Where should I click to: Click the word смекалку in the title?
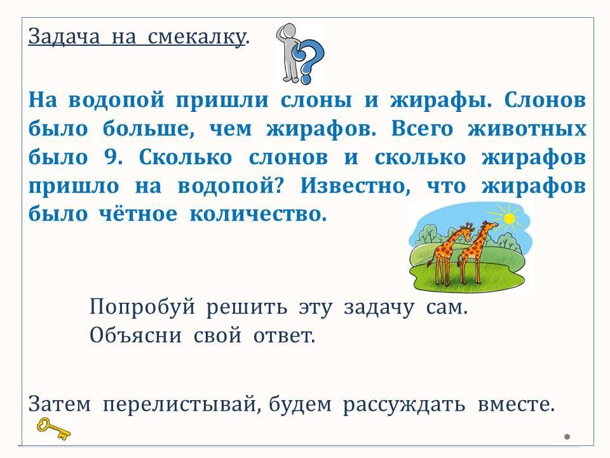(x=197, y=38)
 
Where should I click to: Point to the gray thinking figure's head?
(x=288, y=30)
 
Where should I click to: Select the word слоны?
(x=316, y=100)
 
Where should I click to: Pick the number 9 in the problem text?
(x=113, y=157)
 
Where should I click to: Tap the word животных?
(x=527, y=129)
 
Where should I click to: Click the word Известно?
(x=355, y=186)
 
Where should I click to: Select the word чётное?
(x=138, y=214)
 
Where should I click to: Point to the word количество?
(x=258, y=214)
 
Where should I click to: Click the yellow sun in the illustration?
(x=508, y=219)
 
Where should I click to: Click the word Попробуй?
(x=142, y=307)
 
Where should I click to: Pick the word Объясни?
(x=135, y=335)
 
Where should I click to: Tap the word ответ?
(x=284, y=335)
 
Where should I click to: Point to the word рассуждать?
(x=404, y=405)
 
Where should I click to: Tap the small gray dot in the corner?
(x=567, y=436)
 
